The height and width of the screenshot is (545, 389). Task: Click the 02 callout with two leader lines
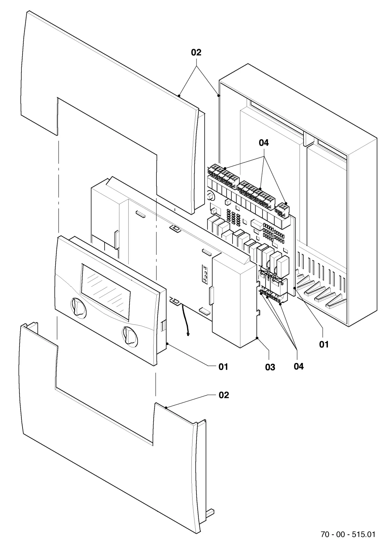[x=196, y=53]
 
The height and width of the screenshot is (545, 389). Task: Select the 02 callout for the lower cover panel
[x=224, y=395]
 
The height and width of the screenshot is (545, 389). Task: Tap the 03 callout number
[x=270, y=367]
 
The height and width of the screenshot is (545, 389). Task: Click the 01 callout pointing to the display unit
[x=223, y=367]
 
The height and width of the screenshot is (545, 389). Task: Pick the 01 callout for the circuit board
[x=324, y=345]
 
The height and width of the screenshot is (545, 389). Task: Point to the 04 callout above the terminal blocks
[x=264, y=143]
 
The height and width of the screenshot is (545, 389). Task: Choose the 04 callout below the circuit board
[x=298, y=366]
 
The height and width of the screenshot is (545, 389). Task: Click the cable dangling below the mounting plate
[x=186, y=319]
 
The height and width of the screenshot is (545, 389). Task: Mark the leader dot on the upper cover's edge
[x=179, y=96]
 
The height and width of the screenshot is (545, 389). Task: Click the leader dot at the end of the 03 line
[x=257, y=338]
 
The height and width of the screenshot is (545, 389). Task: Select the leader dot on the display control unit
[x=167, y=343]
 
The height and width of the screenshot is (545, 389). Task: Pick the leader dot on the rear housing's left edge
[x=219, y=96]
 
